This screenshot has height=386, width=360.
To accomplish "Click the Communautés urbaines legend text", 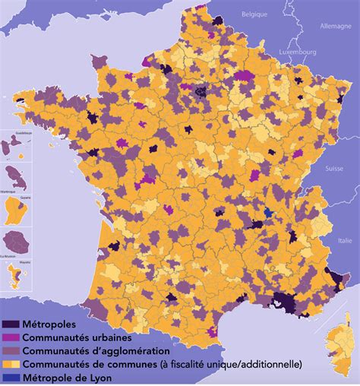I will (77, 337).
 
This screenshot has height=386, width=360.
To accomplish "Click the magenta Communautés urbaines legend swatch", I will (11, 337).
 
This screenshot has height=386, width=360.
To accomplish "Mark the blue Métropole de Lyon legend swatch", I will (11, 378).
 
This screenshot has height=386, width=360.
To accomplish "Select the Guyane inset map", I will (17, 213).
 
